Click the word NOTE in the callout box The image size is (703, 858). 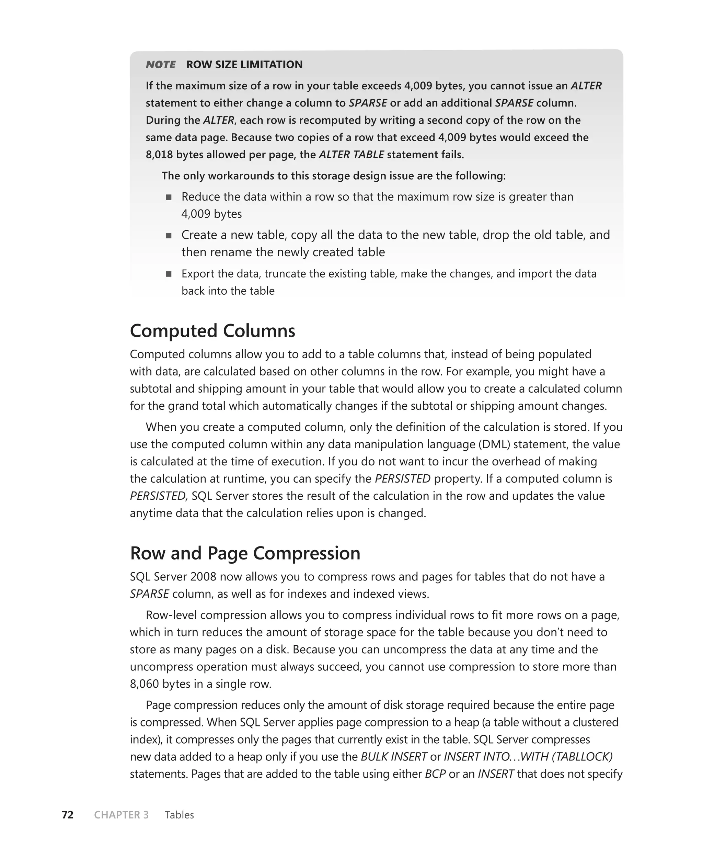[x=161, y=65]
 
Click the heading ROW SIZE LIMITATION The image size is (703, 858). [x=244, y=65]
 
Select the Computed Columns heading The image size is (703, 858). [x=212, y=331]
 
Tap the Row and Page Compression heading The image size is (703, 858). [x=245, y=553]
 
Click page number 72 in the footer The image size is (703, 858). [x=68, y=815]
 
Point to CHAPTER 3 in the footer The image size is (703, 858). [x=121, y=815]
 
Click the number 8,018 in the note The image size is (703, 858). [x=159, y=155]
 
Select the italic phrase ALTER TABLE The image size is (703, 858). [x=351, y=155]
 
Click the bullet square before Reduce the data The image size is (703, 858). [x=169, y=197]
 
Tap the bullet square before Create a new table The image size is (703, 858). [x=169, y=235]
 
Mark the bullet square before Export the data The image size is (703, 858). [x=169, y=274]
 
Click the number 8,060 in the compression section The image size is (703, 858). [x=144, y=684]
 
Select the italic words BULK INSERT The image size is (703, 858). [x=394, y=757]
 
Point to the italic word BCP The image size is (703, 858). [x=435, y=774]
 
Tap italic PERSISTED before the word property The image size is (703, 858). [x=403, y=479]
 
